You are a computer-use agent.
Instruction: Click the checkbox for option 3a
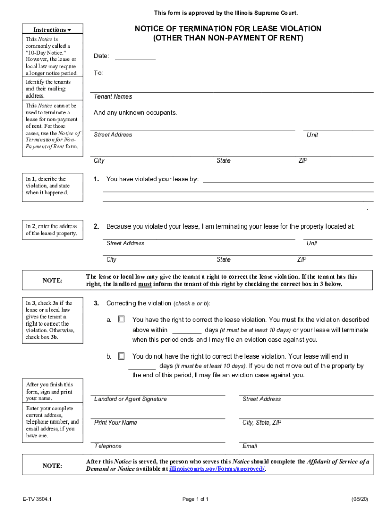pyautogui.click(x=121, y=320)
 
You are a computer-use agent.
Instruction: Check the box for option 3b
pyautogui.click(x=121, y=356)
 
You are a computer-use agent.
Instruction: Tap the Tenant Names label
pyautogui.click(x=113, y=96)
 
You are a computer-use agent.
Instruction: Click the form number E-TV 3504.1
pyautogui.click(x=37, y=499)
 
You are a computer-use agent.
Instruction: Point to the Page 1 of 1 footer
pyautogui.click(x=195, y=499)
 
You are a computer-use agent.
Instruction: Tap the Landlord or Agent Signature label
pyautogui.click(x=131, y=399)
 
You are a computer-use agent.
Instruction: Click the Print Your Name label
pyautogui.click(x=116, y=422)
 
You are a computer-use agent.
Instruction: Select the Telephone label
pyautogui.click(x=108, y=446)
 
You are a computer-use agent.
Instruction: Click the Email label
pyautogui.click(x=250, y=446)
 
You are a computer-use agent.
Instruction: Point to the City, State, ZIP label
pyautogui.click(x=262, y=422)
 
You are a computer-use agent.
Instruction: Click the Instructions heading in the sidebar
pyautogui.click(x=49, y=30)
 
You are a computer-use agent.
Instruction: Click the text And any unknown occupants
pyautogui.click(x=136, y=113)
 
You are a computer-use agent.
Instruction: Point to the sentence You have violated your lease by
pyautogui.click(x=152, y=179)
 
